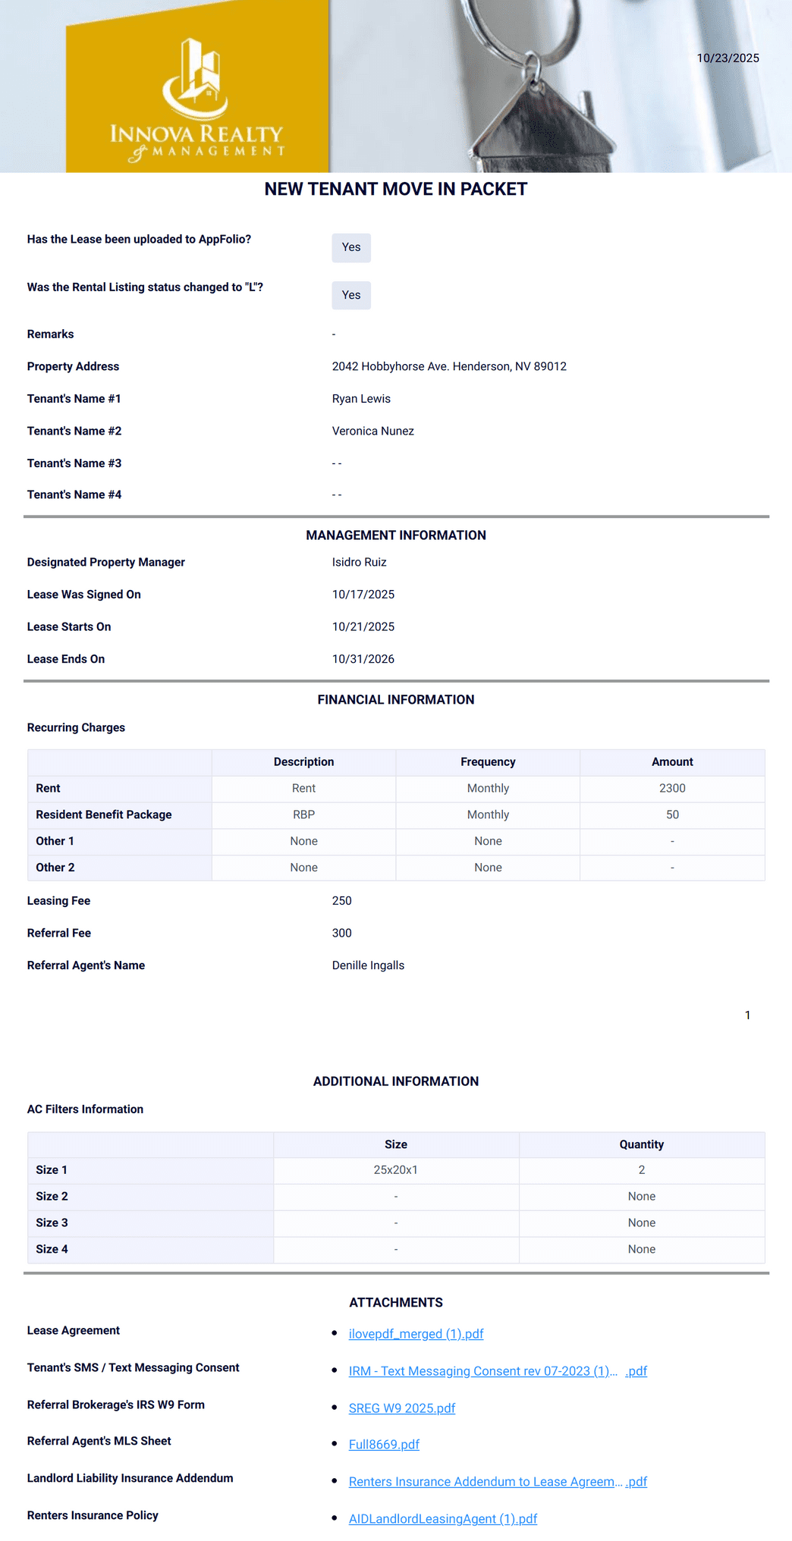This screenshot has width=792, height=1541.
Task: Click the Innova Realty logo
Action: (197, 99)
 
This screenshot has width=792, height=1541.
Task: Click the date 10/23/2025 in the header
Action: (728, 58)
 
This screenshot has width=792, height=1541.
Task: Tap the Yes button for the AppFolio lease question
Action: (351, 247)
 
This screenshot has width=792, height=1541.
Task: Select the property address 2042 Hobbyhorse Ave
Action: (449, 366)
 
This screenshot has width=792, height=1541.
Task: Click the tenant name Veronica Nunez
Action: (372, 431)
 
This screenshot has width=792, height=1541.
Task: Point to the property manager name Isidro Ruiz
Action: (359, 562)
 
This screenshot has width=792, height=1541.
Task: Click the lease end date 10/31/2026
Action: (363, 659)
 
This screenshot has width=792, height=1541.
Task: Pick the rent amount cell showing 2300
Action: (672, 788)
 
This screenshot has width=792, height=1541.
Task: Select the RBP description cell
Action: (303, 814)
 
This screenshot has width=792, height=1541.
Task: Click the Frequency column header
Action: (488, 761)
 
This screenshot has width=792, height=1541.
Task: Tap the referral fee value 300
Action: (341, 933)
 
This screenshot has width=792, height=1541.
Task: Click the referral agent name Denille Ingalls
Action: (368, 965)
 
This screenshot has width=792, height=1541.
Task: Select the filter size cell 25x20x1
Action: (395, 1169)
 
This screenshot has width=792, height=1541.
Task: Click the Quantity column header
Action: (641, 1144)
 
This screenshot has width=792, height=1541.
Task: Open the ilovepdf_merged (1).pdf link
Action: (416, 1334)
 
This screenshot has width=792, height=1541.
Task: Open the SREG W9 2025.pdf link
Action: (401, 1408)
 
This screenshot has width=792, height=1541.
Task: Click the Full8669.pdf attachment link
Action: (384, 1445)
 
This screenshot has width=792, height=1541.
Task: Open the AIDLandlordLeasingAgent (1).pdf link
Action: (442, 1519)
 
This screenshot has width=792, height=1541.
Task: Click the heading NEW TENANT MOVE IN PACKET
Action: (395, 189)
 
